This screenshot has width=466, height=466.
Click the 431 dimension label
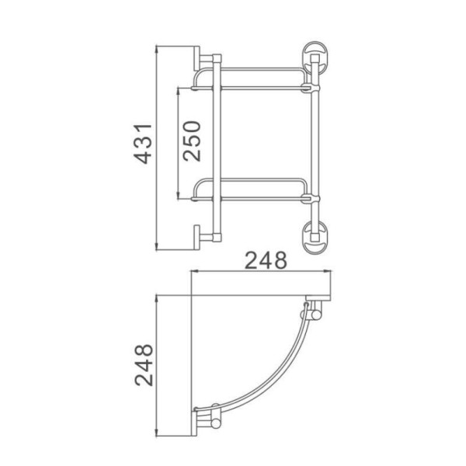point(143,144)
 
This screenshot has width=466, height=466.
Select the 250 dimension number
point(192,141)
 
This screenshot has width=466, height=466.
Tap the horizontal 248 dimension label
point(266,260)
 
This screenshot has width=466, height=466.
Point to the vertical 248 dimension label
point(144,365)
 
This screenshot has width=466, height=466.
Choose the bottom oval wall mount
point(315,238)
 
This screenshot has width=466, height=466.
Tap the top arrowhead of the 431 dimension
point(157,50)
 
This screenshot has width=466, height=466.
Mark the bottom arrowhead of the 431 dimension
point(157,247)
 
